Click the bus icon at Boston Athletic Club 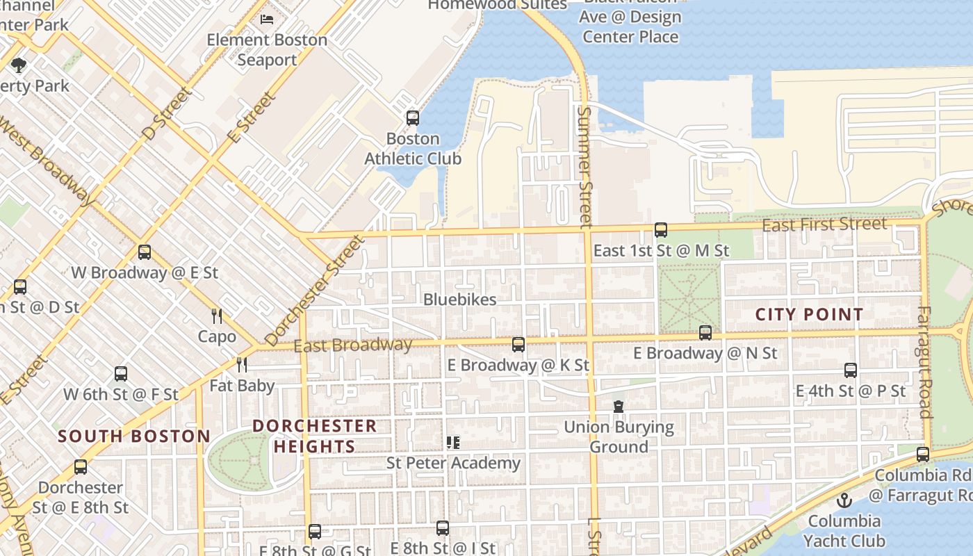pos(413,118)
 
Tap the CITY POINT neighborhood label pos(809,315)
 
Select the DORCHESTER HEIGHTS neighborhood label pos(314,436)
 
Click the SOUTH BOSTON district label pos(134,436)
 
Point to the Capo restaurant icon pos(217,316)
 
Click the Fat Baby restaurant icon pos(242,365)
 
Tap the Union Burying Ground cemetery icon pos(619,407)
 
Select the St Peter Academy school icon pos(453,443)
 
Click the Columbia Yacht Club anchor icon pos(844,500)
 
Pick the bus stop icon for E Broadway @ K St pos(518,345)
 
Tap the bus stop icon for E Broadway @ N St pos(705,333)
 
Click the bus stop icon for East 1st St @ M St pos(660,230)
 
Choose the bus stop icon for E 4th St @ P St pos(851,370)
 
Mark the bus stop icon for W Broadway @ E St pos(145,252)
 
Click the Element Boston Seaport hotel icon pos(267,19)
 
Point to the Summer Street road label pos(584,167)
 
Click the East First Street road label pos(824,224)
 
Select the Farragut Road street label pos(924,362)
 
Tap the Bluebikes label pos(460,300)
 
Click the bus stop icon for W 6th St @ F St pos(121,374)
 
